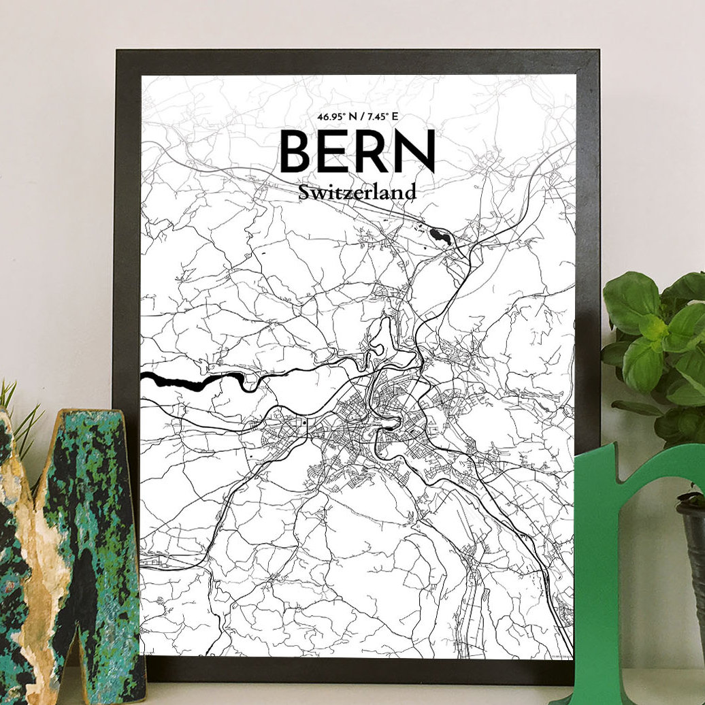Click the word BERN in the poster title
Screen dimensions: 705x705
coord(357,150)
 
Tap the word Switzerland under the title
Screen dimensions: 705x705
coord(357,193)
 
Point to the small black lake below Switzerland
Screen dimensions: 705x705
coord(440,236)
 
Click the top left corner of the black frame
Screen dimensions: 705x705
coord(120,54)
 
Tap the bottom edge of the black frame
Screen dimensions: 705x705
coord(354,670)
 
